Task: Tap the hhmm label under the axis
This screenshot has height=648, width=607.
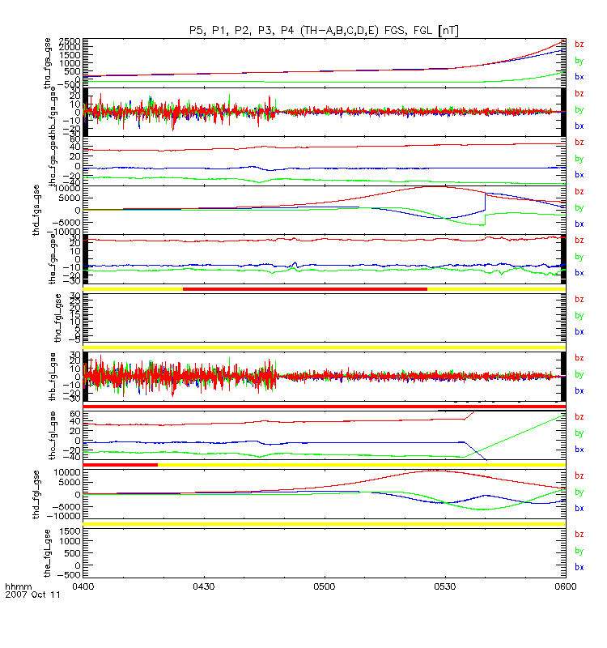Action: [17, 586]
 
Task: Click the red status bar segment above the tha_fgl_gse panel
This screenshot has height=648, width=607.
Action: [304, 288]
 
